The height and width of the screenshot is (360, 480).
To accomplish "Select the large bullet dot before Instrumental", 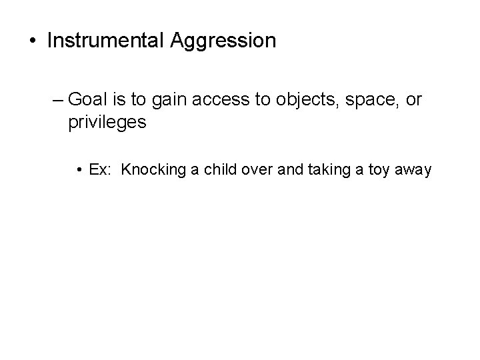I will [33, 41].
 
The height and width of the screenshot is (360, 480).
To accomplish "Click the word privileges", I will [107, 123].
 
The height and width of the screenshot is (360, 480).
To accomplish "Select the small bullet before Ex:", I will [79, 171].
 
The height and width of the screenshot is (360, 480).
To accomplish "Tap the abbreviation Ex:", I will [100, 171].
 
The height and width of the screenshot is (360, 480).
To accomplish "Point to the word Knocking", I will [153, 171].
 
